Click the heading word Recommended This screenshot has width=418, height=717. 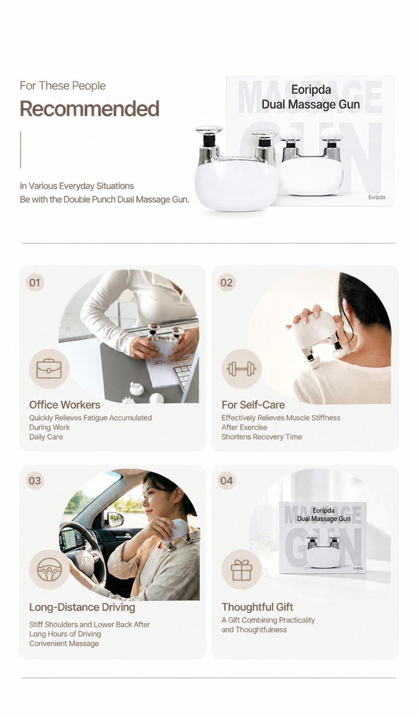(x=90, y=108)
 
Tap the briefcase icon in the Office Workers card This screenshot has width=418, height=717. (x=49, y=369)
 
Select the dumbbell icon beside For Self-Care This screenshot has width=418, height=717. (x=242, y=369)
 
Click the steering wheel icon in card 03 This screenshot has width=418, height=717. (x=49, y=570)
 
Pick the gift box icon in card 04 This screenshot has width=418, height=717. (x=242, y=570)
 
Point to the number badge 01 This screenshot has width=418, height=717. (x=35, y=283)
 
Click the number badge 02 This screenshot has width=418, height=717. (x=226, y=283)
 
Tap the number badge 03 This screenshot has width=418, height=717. (x=35, y=480)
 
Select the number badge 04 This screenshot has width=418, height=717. (x=226, y=480)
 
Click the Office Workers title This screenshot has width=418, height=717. (x=65, y=405)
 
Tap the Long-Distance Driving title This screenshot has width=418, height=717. (x=82, y=607)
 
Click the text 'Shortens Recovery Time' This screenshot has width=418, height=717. (x=261, y=437)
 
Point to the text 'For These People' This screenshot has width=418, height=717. (x=63, y=86)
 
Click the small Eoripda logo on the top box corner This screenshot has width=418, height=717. (x=377, y=197)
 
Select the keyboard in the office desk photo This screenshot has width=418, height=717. (x=184, y=375)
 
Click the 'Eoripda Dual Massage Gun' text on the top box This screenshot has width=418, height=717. (x=311, y=97)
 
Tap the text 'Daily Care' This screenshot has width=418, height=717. (x=46, y=437)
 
